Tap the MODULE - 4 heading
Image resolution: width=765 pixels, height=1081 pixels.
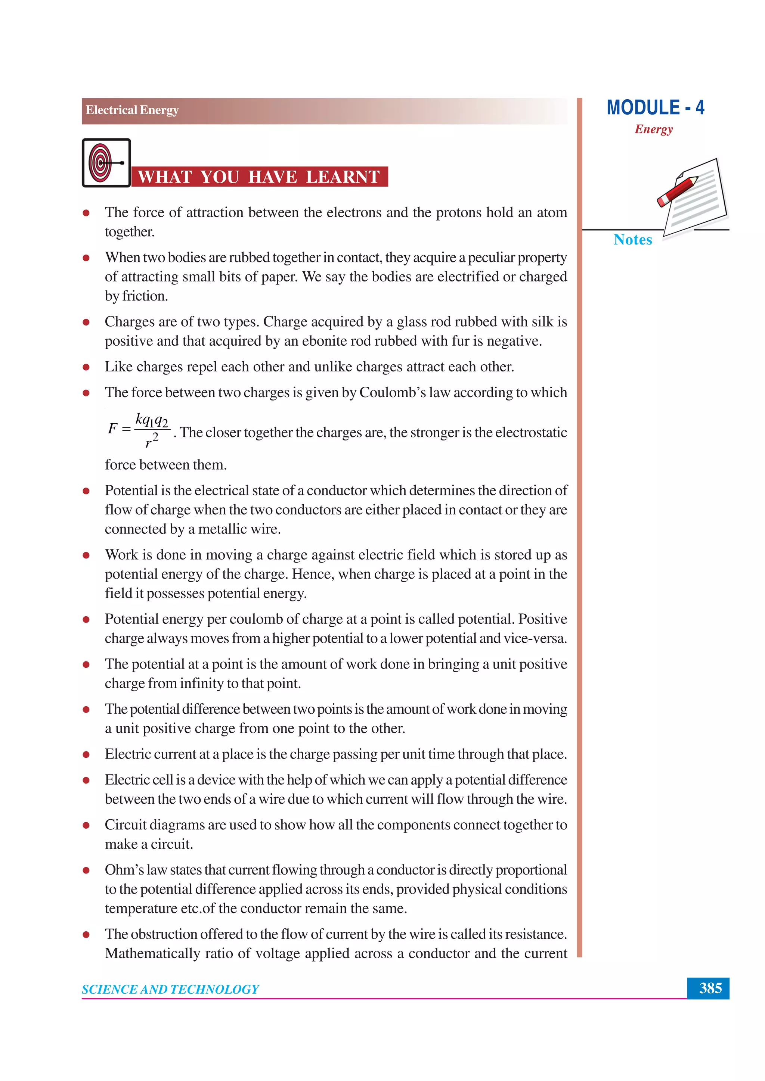click(655, 108)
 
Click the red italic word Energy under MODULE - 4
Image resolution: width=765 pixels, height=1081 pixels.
click(653, 129)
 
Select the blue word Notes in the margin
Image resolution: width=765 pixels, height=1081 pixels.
click(633, 240)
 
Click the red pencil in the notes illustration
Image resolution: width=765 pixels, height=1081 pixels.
click(678, 191)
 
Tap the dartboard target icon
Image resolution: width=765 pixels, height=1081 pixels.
click(101, 163)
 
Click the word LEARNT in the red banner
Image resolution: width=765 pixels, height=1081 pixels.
click(343, 177)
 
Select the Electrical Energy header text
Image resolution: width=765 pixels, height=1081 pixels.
click(132, 110)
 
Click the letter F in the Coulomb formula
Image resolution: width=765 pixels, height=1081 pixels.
click(112, 429)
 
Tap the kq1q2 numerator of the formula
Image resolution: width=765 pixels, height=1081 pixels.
click(152, 420)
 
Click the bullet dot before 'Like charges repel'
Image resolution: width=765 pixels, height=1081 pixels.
click(86, 367)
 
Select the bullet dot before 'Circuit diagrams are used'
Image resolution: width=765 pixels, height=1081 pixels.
click(86, 825)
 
